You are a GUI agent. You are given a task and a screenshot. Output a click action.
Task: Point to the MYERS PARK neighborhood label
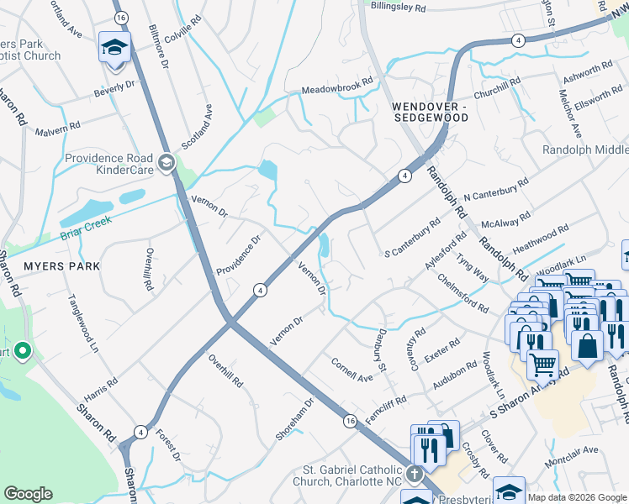pyautogui.click(x=61, y=266)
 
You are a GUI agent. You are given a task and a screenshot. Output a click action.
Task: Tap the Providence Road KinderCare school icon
pyautogui.click(x=166, y=161)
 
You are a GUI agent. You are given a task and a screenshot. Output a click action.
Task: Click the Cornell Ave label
pyautogui.click(x=351, y=372)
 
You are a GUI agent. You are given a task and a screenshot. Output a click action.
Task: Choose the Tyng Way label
pyautogui.click(x=473, y=265)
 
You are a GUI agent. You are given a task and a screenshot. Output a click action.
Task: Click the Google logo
pyautogui.click(x=28, y=494)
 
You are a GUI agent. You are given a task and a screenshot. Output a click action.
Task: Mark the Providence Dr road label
pyautogui.click(x=239, y=256)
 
